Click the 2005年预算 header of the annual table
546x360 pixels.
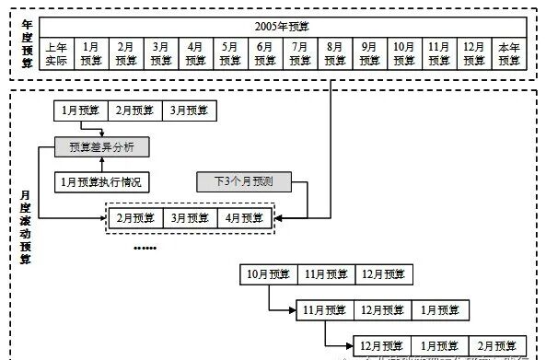tap(282, 26)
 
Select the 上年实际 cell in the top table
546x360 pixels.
tap(56, 52)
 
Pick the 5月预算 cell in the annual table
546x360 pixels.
tap(230, 52)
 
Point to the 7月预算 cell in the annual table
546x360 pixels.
tap(300, 52)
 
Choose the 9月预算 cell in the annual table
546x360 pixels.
tap(368, 52)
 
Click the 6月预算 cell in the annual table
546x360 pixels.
tap(265, 52)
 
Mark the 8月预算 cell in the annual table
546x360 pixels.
tap(334, 52)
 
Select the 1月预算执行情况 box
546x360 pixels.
tap(101, 181)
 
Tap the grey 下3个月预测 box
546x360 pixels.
tap(242, 181)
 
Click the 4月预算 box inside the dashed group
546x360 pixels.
tap(243, 218)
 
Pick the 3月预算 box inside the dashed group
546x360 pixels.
tap(191, 218)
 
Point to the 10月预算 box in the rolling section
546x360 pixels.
tap(267, 274)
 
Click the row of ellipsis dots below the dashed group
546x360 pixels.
tap(145, 249)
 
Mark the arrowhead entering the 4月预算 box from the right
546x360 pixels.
tap(278, 218)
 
